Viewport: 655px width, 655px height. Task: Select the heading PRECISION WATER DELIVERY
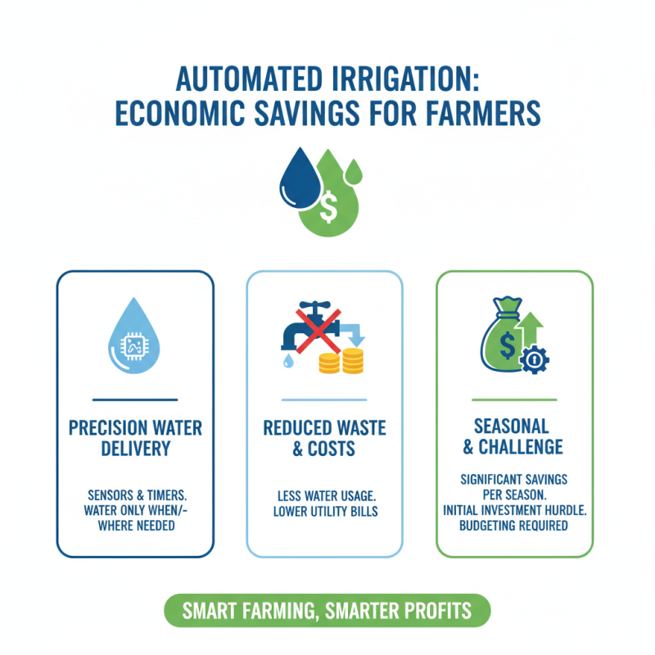point(135,438)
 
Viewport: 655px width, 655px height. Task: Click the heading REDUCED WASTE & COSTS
point(324,438)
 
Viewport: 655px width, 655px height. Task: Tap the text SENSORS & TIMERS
point(135,496)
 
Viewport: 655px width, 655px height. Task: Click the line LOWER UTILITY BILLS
point(324,512)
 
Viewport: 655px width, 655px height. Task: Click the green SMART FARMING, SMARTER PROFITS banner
point(327,611)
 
